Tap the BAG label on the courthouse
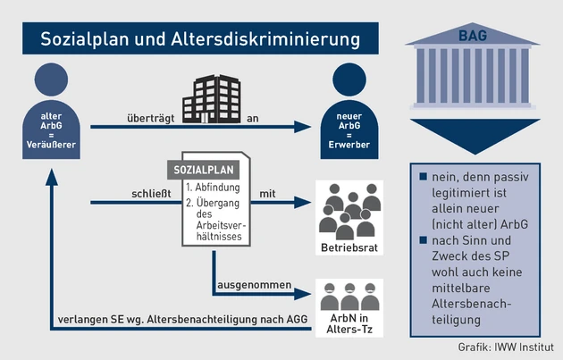[474, 36]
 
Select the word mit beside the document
[267, 192]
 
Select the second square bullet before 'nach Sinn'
[423, 240]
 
